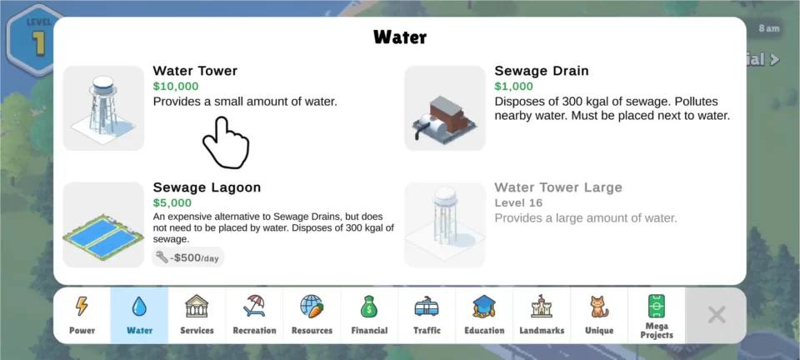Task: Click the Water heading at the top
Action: point(400,37)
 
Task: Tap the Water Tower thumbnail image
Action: point(103,108)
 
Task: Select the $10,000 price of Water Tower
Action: point(176,86)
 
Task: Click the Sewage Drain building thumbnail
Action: point(445,108)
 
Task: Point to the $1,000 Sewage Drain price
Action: point(514,86)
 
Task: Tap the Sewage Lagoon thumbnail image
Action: point(103,225)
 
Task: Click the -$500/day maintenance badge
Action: point(187,257)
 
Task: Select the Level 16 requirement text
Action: point(518,203)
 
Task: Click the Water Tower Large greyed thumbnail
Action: point(445,225)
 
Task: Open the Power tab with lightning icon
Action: point(82,315)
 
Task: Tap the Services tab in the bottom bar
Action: point(197,315)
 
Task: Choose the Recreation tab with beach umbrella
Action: point(254,315)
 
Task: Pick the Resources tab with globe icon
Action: point(312,315)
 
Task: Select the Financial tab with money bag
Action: point(369,315)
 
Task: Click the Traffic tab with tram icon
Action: point(427,315)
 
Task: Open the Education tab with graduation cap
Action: point(484,315)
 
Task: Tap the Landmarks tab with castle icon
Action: point(542,315)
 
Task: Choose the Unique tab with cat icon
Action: point(599,315)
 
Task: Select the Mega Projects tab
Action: point(657,315)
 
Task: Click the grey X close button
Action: point(717,315)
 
